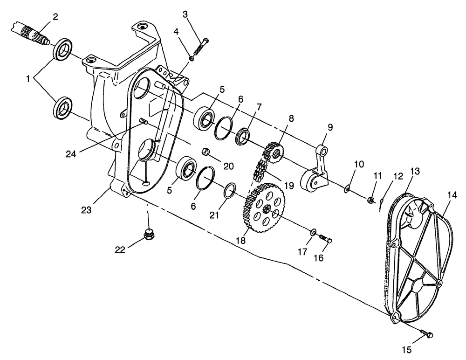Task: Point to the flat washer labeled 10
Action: [347, 189]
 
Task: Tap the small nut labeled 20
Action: [204, 151]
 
